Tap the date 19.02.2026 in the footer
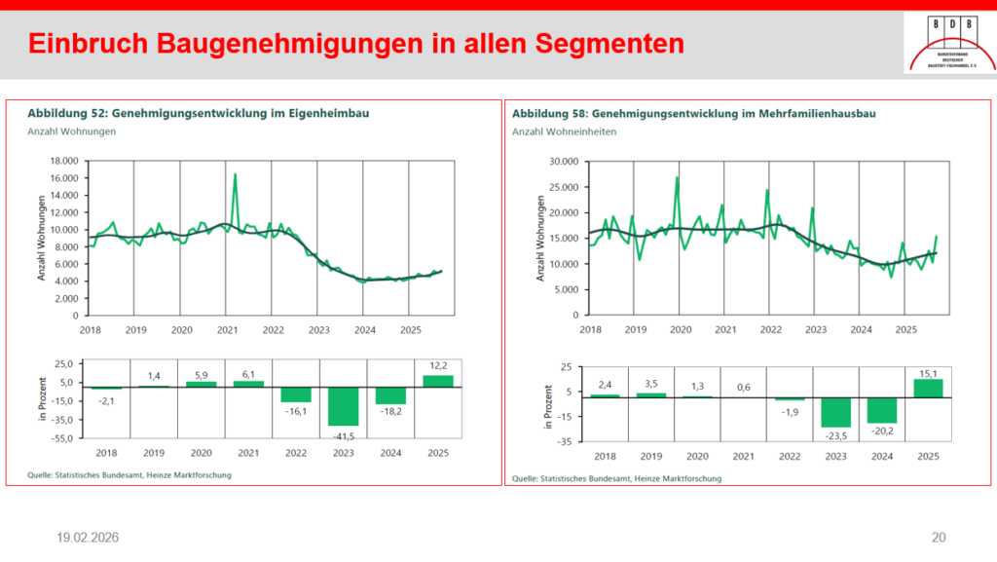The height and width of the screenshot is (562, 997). coord(89,537)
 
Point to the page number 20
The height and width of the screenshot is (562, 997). coord(939,537)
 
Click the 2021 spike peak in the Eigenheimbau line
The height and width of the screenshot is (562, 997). coord(235,175)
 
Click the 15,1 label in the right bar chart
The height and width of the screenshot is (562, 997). coord(928,371)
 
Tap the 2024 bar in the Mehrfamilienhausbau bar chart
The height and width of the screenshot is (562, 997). coord(880,410)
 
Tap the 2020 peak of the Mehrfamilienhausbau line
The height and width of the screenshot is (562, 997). coord(677,178)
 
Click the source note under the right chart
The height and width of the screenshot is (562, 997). coord(616,478)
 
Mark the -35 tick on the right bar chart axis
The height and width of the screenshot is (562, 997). coord(564,441)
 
